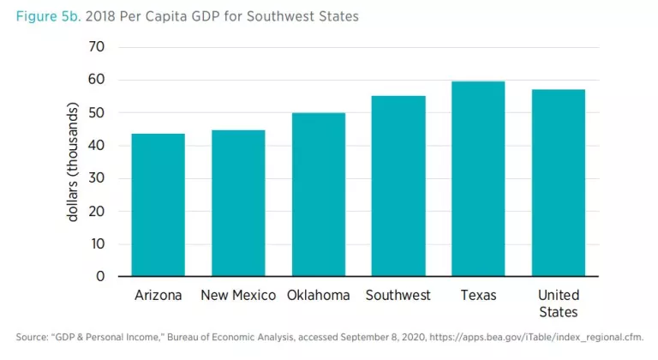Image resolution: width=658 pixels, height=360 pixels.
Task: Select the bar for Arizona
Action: [158, 205]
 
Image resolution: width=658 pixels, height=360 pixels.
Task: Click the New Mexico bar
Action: [238, 203]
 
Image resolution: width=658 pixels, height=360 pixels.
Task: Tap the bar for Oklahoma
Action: [318, 195]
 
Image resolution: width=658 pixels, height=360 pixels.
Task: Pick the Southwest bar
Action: [398, 186]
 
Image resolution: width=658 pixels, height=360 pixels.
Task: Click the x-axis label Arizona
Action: [159, 296]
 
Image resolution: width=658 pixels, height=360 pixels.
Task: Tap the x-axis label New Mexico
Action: [238, 296]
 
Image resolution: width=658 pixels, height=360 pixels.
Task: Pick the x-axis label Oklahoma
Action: [318, 296]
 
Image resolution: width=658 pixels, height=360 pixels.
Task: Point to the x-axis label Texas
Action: [478, 296]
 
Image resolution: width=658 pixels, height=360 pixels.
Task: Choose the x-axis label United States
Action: [558, 303]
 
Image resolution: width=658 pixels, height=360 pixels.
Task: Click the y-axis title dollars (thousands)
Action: [73, 163]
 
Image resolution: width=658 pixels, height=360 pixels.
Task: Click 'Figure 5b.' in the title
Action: [44, 15]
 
